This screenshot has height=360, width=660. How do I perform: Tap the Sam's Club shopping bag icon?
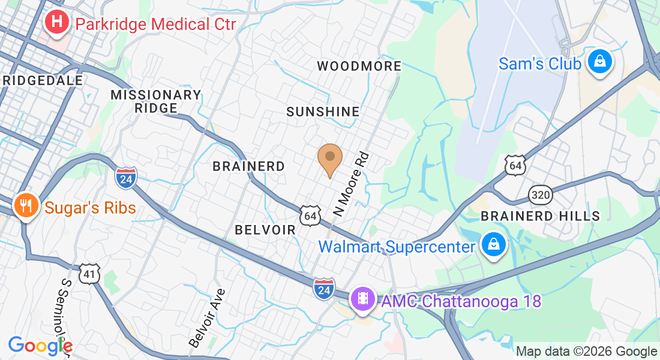[599, 63]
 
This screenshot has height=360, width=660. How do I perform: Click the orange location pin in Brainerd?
[329, 158]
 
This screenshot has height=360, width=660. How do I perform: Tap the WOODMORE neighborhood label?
[359, 66]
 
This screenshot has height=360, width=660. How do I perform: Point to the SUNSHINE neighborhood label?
[323, 112]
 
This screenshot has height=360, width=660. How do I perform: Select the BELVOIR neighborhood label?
[265, 230]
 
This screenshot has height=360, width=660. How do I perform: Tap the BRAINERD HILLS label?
[540, 216]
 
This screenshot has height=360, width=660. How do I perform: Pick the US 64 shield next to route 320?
[516, 165]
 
